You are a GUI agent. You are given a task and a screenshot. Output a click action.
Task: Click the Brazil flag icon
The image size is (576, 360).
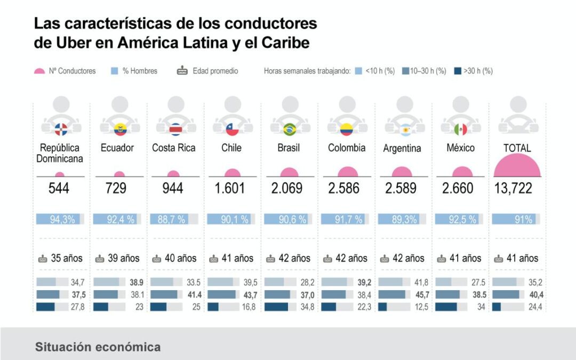tap(290, 129)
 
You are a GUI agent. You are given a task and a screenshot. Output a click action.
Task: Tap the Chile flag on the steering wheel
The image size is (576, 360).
tap(232, 129)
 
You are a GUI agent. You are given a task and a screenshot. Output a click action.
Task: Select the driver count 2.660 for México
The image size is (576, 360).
tap(460, 188)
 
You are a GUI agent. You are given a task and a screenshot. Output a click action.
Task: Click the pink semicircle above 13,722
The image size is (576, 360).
tap(517, 165)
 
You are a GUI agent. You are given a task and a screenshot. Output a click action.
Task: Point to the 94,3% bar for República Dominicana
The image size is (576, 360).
tap(59, 219)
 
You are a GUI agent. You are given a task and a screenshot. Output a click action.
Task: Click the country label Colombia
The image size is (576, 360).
tap(347, 148)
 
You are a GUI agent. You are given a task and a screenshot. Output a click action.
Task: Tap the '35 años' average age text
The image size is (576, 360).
tap(60, 259)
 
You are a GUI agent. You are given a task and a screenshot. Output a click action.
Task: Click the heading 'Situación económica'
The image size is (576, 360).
tap(98, 347)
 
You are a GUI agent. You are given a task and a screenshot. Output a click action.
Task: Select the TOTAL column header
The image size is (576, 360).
tap(517, 148)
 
